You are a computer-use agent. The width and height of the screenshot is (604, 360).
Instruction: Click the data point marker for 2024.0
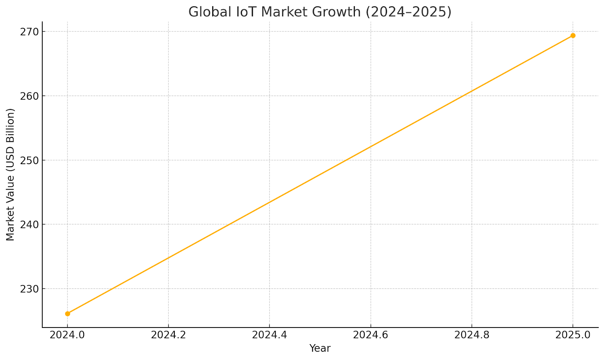click(x=68, y=314)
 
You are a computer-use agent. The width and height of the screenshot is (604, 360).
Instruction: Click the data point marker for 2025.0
click(x=573, y=35)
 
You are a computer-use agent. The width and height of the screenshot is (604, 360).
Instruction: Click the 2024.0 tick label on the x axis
click(x=68, y=335)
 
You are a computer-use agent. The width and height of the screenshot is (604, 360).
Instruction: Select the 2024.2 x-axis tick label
click(x=168, y=335)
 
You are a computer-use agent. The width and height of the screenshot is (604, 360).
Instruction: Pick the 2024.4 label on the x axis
click(x=270, y=335)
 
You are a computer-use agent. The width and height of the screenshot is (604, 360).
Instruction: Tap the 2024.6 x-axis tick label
click(x=371, y=335)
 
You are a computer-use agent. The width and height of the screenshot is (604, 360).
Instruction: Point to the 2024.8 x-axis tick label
click(x=471, y=335)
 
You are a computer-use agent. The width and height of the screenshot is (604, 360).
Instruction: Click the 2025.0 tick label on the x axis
click(x=573, y=335)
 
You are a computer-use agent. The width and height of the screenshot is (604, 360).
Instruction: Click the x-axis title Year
click(x=320, y=348)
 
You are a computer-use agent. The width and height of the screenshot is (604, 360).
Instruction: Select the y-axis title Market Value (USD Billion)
click(x=11, y=174)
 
